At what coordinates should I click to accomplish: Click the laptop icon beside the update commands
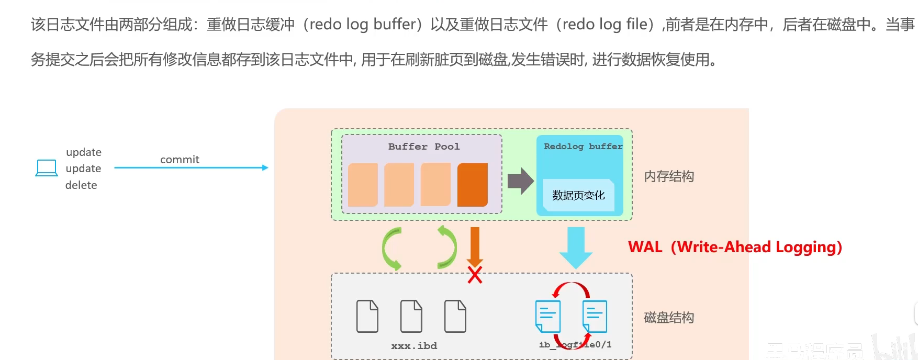click(47, 168)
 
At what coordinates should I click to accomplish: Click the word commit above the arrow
click(180, 160)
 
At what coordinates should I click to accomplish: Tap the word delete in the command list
click(81, 185)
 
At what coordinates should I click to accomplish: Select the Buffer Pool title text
click(424, 147)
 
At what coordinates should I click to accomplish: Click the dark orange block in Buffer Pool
click(472, 185)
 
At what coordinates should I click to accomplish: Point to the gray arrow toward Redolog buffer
click(520, 181)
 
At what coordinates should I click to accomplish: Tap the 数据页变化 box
click(578, 195)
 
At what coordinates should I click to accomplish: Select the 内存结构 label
click(669, 176)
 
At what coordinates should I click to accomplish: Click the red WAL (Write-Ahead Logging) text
click(735, 247)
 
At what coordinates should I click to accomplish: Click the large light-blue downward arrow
click(576, 247)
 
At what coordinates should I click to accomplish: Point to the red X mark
click(475, 275)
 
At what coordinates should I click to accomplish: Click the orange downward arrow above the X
click(475, 245)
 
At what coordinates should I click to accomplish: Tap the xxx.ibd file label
click(414, 346)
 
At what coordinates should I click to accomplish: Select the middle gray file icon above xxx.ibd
click(411, 316)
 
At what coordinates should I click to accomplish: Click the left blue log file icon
click(548, 316)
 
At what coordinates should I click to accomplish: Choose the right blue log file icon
click(595, 316)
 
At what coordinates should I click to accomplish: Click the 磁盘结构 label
click(669, 318)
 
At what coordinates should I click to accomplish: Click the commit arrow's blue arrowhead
click(265, 168)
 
